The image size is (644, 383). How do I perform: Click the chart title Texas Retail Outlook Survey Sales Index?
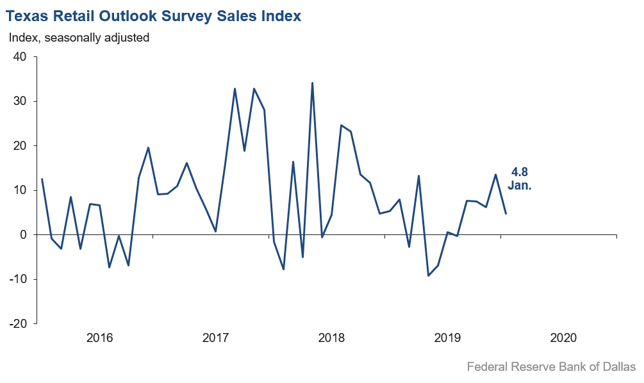point(154,16)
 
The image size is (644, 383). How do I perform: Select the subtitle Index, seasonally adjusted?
point(79,38)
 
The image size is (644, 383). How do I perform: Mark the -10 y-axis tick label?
point(18,279)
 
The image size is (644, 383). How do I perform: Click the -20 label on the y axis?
point(18,323)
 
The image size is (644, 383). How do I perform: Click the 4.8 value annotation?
point(520,172)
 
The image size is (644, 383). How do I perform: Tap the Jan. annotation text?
point(520,186)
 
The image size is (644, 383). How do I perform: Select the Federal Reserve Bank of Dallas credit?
point(551,367)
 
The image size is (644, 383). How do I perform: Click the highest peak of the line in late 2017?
point(312,83)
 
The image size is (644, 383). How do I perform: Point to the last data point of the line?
point(506,213)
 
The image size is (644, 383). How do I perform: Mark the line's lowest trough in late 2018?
point(428,275)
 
